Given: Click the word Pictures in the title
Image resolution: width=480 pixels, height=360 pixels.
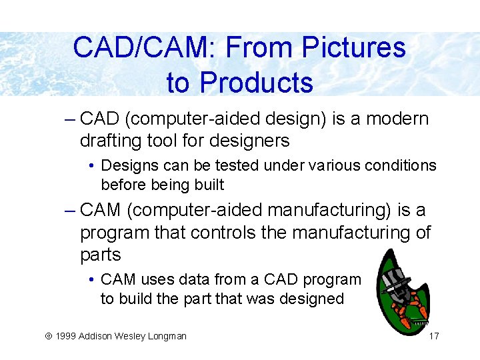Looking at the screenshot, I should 354,48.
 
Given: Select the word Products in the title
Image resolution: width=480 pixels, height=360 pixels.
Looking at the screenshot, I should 256,83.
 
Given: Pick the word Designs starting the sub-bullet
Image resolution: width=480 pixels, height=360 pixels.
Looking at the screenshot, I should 127,165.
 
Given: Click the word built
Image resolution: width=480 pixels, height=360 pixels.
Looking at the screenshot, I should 209,185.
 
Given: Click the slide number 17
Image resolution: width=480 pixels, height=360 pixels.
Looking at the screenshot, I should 433,336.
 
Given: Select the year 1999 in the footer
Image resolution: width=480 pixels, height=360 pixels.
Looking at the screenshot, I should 65,336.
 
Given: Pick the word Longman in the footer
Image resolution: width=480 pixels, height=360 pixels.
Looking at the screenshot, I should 167,336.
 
